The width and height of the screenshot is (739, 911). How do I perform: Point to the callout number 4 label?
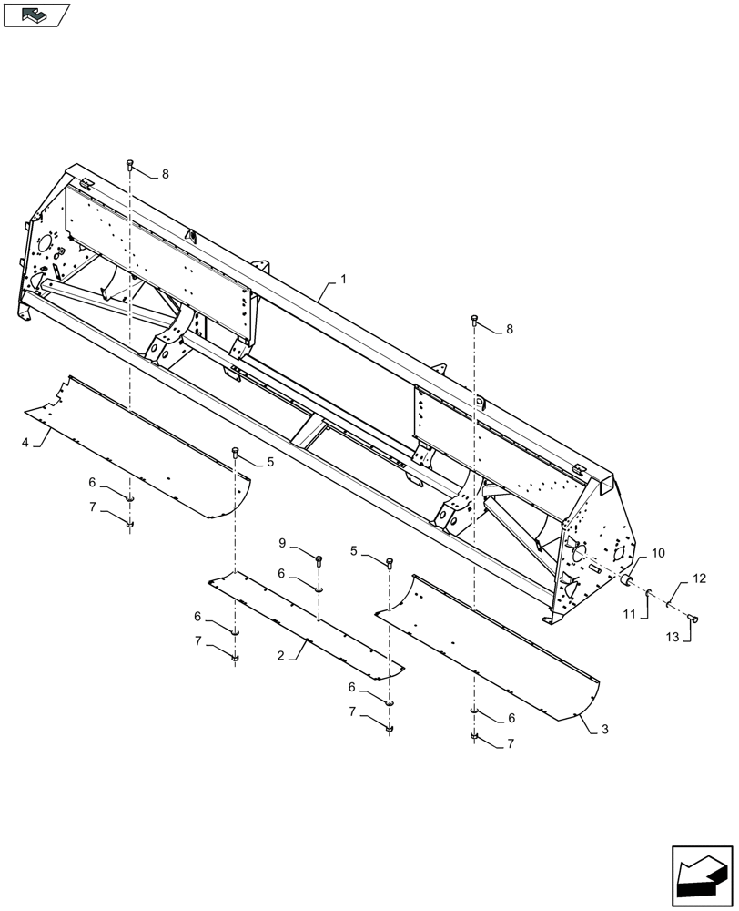click(25, 443)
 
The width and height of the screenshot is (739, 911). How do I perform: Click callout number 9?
click(282, 544)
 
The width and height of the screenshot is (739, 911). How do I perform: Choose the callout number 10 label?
click(658, 553)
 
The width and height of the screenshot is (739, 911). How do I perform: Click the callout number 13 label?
click(672, 638)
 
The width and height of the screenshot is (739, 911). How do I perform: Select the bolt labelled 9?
click(319, 561)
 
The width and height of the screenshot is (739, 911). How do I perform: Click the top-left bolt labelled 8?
click(130, 165)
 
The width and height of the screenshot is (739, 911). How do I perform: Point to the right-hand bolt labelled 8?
click(474, 319)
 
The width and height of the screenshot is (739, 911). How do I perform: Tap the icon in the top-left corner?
click(35, 14)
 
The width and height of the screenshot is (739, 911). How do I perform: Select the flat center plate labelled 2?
click(305, 624)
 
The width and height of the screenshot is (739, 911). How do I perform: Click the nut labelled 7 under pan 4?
click(130, 524)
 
